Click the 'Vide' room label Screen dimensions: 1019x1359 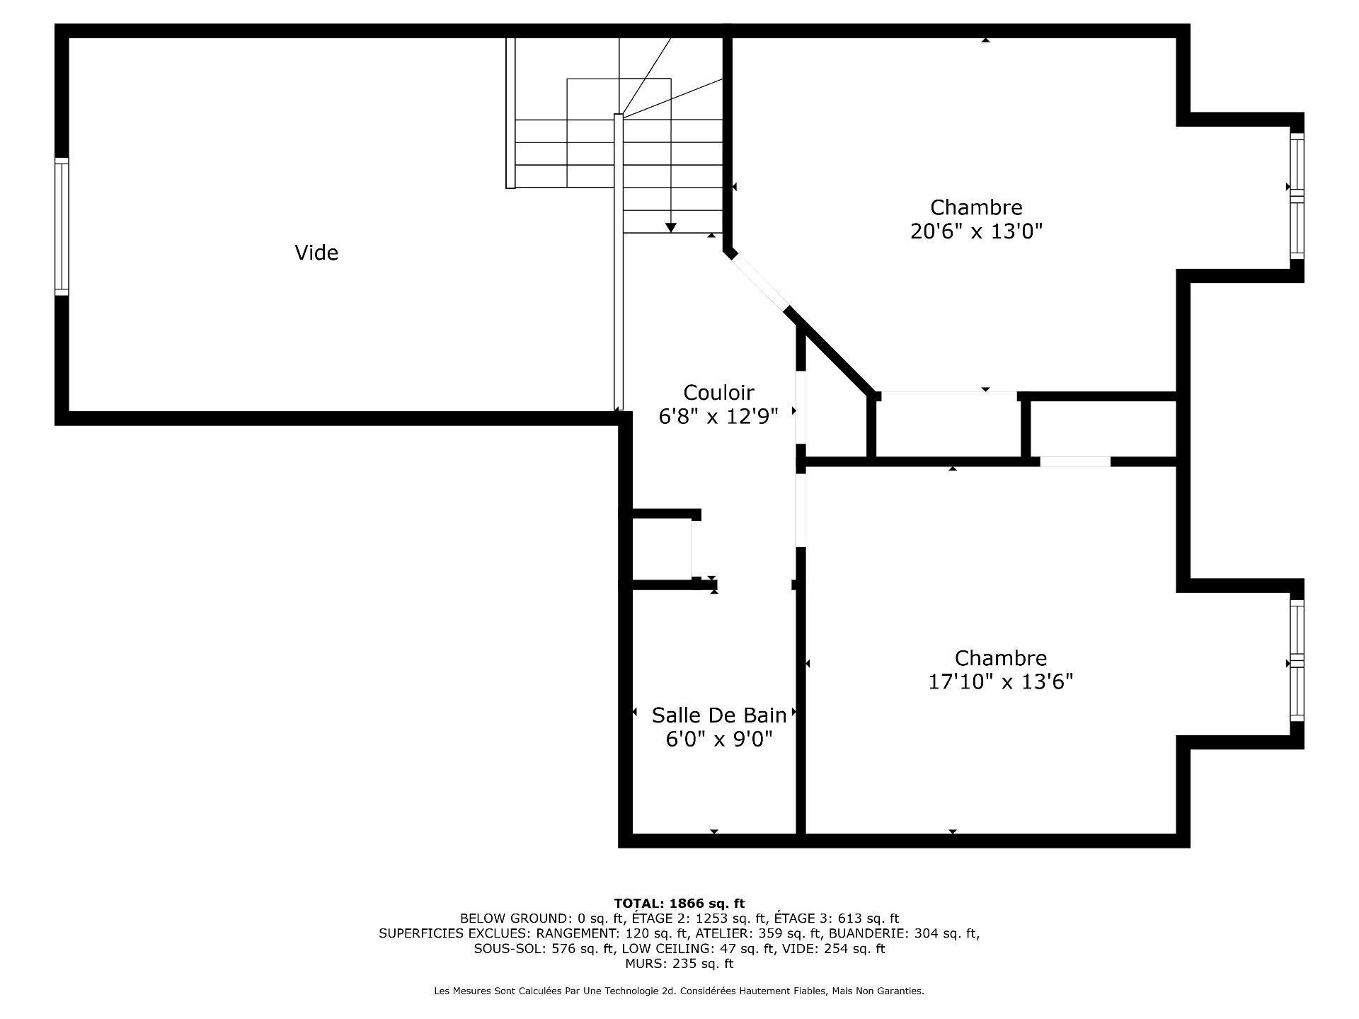(x=316, y=253)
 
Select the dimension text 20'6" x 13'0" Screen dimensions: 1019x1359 (x=976, y=231)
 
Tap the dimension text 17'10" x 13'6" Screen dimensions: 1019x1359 (x=1000, y=681)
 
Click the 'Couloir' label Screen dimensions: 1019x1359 (x=718, y=392)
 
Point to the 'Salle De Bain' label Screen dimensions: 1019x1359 (x=718, y=715)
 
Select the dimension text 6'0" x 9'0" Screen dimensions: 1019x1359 (x=718, y=739)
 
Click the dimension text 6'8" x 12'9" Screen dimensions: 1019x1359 (x=718, y=416)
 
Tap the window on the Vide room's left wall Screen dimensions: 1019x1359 (x=62, y=226)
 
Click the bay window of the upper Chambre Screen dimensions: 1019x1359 (x=1296, y=196)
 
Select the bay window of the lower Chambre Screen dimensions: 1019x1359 (x=1296, y=661)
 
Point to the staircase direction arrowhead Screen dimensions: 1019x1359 (x=670, y=227)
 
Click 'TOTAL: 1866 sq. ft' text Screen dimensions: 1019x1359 (x=679, y=904)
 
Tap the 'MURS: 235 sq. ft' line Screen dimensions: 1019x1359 (x=679, y=964)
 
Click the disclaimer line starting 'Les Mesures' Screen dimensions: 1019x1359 (x=679, y=991)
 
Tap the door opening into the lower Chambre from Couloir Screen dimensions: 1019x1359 (x=801, y=509)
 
